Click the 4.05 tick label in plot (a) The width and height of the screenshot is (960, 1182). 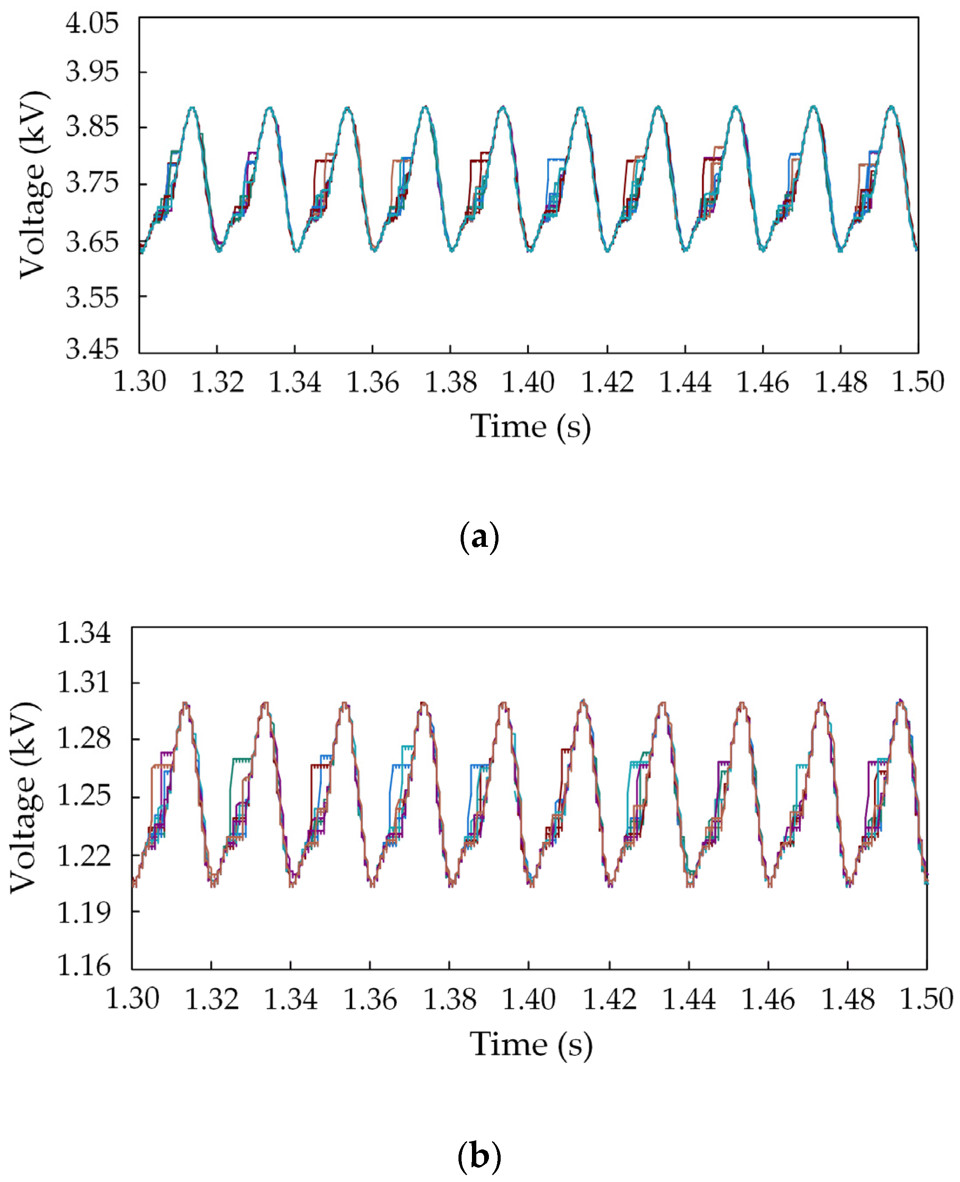pos(92,24)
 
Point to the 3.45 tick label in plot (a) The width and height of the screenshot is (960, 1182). pos(92,349)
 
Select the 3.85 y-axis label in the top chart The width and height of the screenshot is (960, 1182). pos(92,127)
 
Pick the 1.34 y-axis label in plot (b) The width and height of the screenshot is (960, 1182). pos(84,633)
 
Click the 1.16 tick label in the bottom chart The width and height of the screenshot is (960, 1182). pos(84,966)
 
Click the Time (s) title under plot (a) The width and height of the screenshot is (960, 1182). pos(530,427)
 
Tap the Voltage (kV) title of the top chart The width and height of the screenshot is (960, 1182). pos(33,185)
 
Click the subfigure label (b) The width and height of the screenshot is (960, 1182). pos(479,1155)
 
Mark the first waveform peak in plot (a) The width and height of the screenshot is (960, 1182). pos(192,107)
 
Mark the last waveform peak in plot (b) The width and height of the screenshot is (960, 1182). pos(901,701)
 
